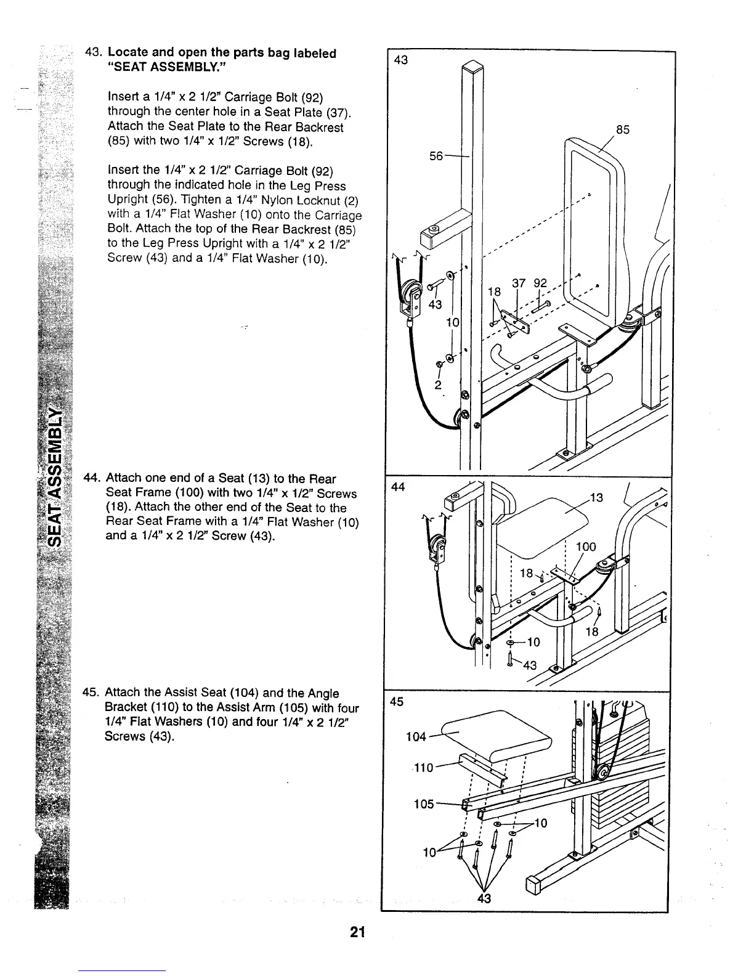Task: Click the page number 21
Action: point(357,932)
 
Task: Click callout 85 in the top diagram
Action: point(623,130)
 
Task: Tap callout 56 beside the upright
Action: point(436,156)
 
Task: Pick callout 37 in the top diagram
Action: point(518,284)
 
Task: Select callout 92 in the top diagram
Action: point(540,284)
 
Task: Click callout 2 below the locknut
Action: point(437,386)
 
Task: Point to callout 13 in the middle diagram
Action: point(596,498)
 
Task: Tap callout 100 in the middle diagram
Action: point(586,547)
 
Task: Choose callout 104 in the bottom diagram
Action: point(417,737)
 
